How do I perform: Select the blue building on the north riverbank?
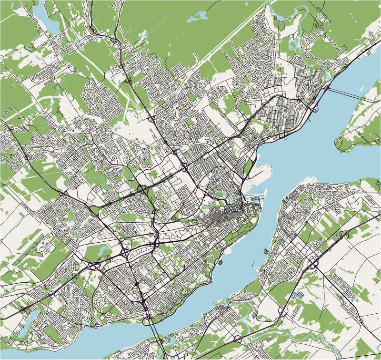click(x=220, y=261)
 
